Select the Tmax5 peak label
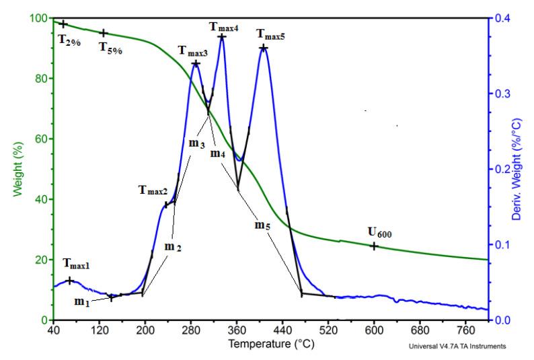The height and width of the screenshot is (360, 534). pos(270,34)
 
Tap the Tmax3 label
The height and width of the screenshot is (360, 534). pos(193,50)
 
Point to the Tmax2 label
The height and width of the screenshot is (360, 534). pos(153,191)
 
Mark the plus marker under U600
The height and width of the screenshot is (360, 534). pos(374,246)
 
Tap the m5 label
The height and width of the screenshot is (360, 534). pos(264,225)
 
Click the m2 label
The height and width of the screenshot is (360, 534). pos(174,247)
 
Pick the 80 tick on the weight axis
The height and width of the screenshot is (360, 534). pos(40,78)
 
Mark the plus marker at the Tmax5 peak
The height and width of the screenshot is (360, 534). pos(264,48)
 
